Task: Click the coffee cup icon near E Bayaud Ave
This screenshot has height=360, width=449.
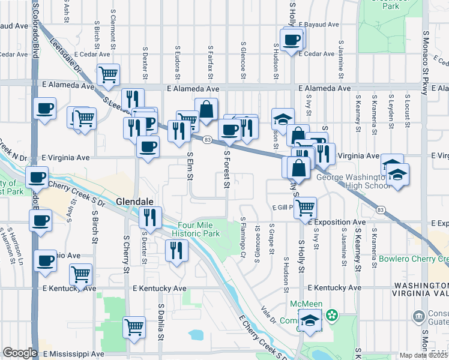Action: pyautogui.click(x=292, y=40)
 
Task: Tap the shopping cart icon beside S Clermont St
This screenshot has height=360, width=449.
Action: pyautogui.click(x=108, y=75)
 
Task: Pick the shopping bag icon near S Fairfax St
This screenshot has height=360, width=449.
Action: pyautogui.click(x=206, y=110)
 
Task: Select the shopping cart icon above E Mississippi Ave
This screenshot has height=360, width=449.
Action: pyautogui.click(x=134, y=328)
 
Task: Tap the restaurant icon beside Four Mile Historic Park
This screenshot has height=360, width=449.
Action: pyautogui.click(x=176, y=250)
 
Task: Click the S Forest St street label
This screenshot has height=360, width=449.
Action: pyautogui.click(x=227, y=169)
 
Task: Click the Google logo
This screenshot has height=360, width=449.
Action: pyautogui.click(x=19, y=353)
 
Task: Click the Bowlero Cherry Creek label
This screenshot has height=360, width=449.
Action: pyautogui.click(x=414, y=259)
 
